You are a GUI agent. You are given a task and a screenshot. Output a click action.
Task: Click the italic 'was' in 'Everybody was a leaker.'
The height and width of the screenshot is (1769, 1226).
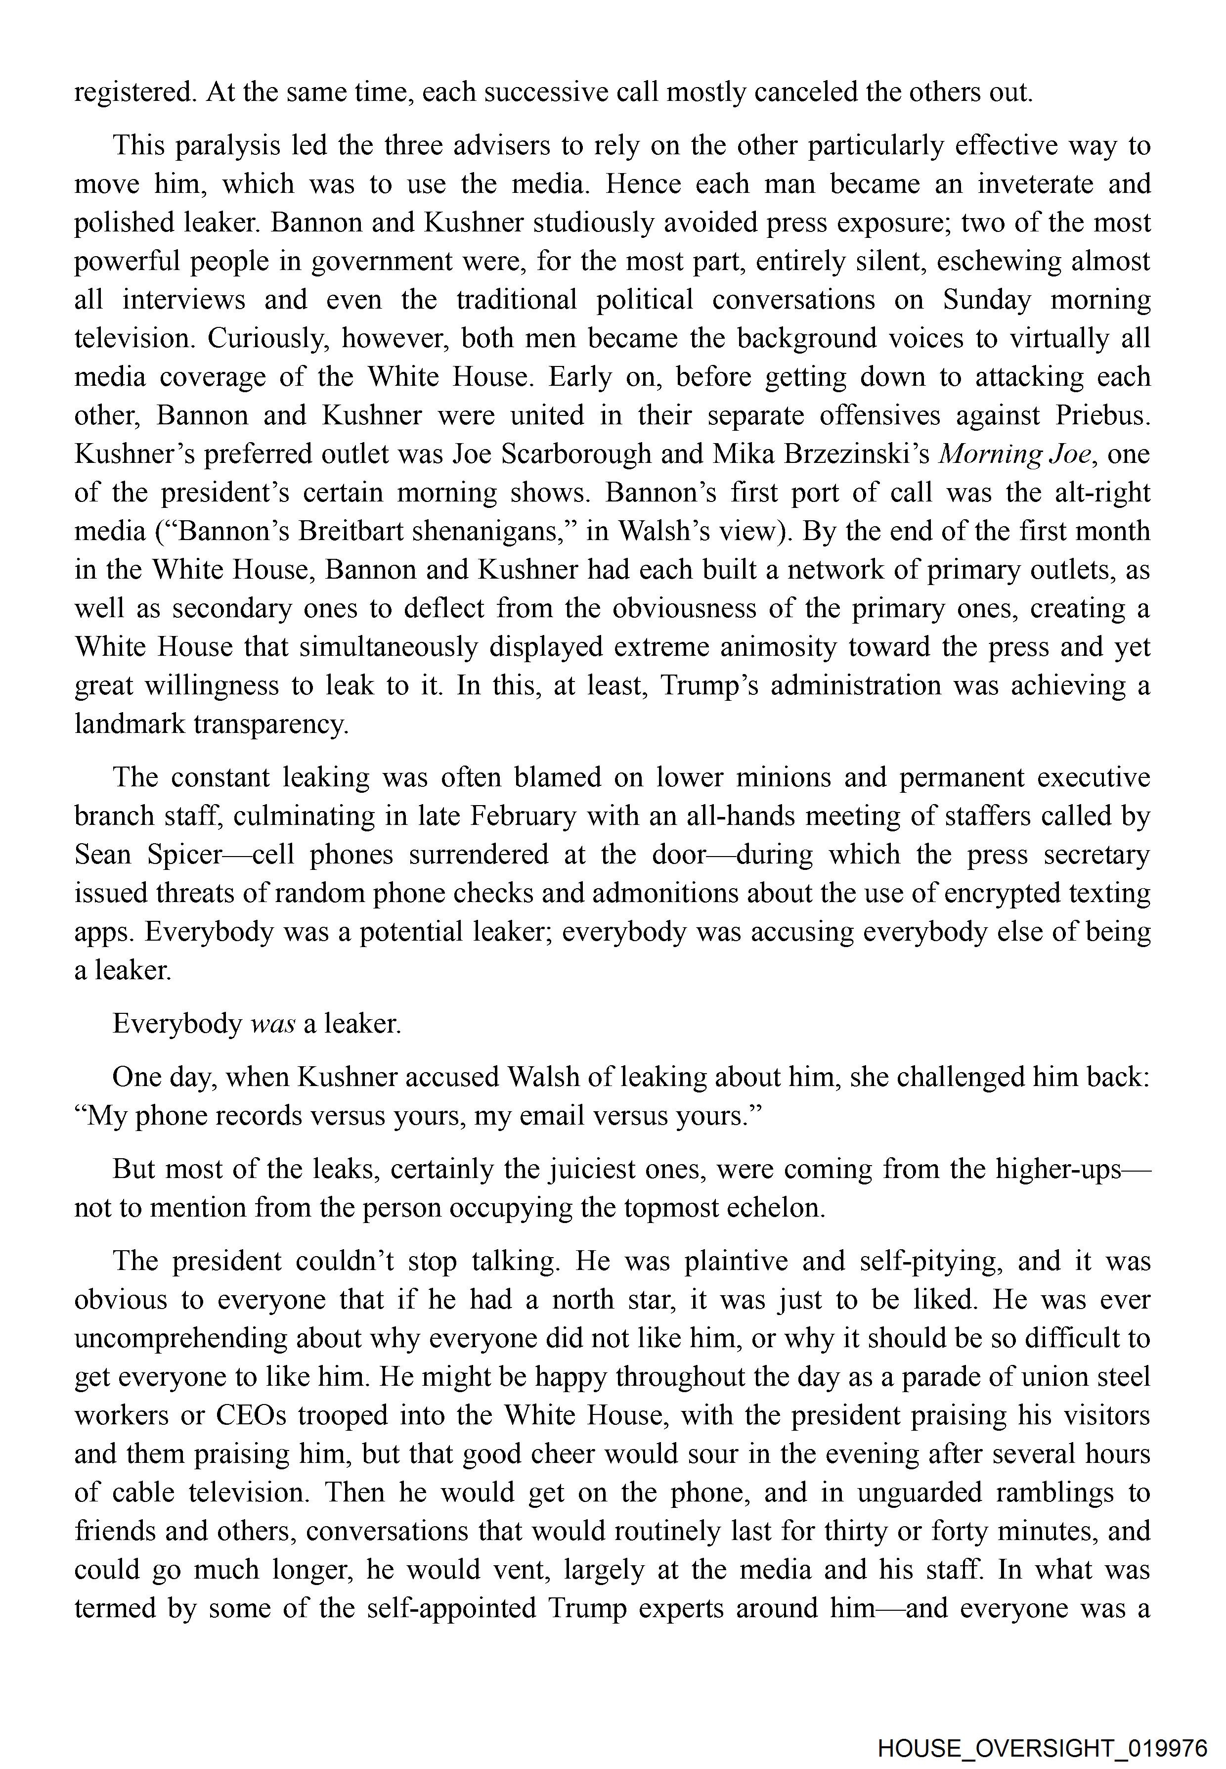(x=273, y=1024)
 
